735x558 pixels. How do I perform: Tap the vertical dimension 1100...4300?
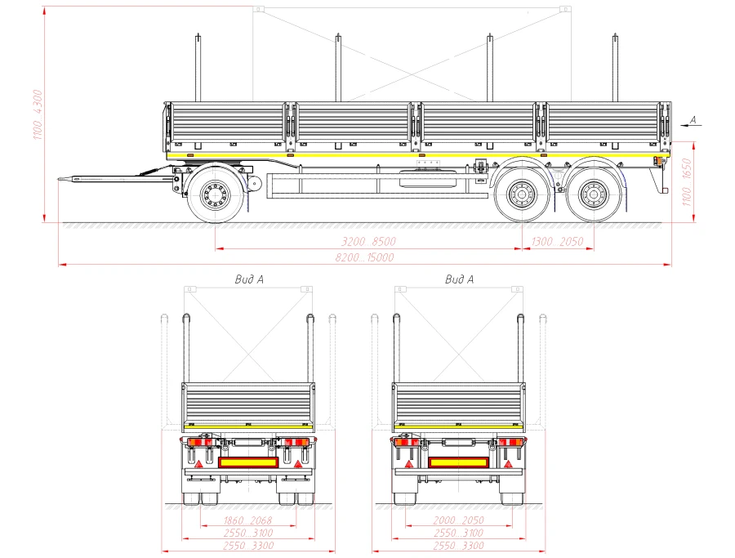(37, 114)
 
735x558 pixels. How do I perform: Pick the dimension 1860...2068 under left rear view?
(248, 520)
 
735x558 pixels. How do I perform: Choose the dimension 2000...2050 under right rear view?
(459, 520)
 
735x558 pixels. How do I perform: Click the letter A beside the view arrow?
(693, 119)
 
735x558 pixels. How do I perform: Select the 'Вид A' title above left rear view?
(248, 279)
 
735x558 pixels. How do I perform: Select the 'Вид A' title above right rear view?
(459, 279)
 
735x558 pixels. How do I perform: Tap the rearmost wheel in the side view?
(594, 194)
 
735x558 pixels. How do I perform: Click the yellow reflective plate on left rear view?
(248, 462)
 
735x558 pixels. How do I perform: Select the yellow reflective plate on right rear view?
(459, 462)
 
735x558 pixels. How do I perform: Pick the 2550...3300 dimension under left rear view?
(248, 545)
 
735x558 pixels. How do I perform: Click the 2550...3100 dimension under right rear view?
(459, 533)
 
